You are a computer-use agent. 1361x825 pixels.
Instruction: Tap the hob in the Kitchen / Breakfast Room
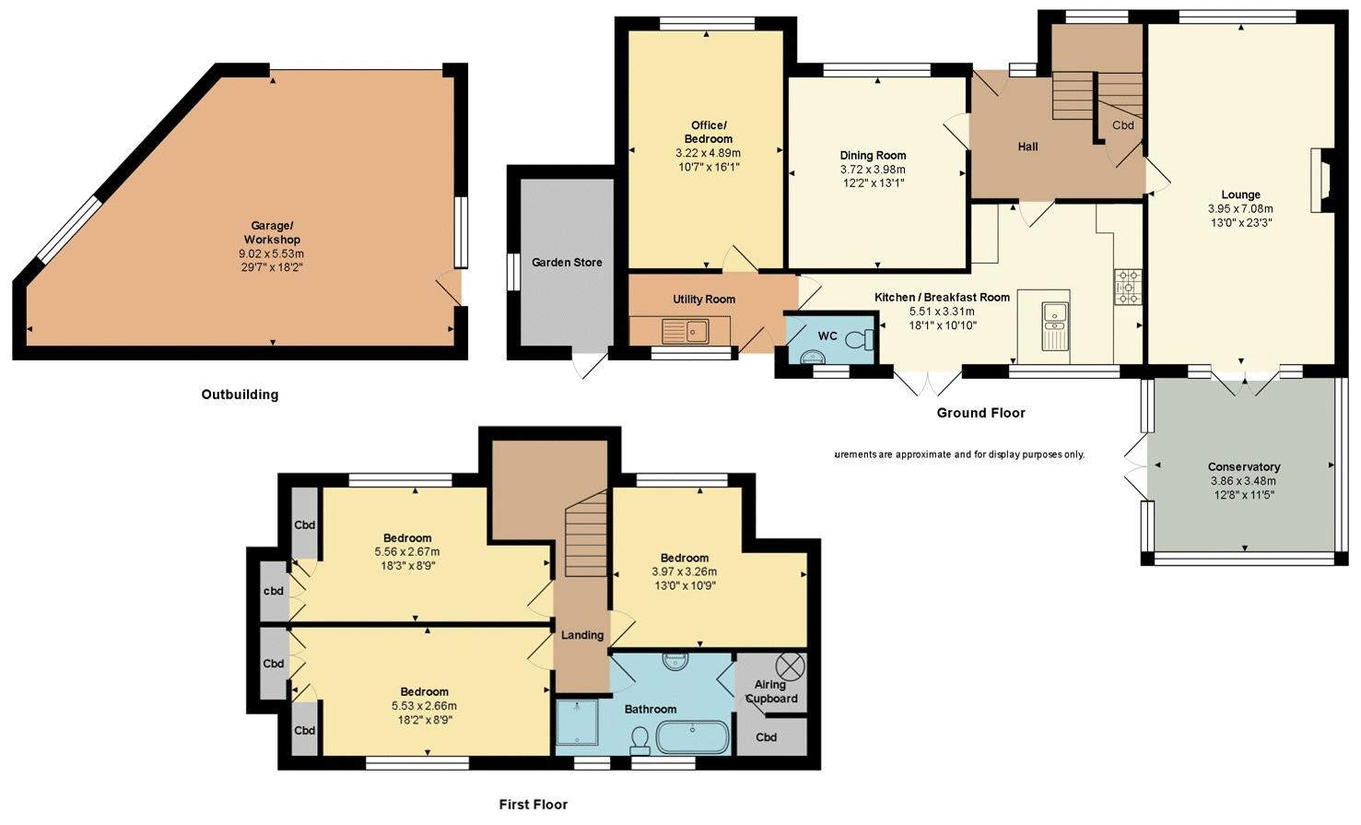pos(1128,287)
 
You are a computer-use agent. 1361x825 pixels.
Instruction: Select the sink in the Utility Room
pos(686,331)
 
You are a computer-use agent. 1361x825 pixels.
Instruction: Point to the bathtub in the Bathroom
pos(693,737)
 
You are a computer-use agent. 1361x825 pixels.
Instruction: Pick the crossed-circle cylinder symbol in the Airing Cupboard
pos(792,666)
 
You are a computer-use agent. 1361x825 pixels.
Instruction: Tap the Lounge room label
pos(1240,194)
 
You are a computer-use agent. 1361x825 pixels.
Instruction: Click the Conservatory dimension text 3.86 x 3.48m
pos(1243,481)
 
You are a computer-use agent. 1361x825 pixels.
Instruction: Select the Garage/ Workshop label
pos(272,232)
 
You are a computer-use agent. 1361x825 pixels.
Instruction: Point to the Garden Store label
pos(567,263)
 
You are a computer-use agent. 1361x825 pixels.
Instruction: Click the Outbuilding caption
pos(240,395)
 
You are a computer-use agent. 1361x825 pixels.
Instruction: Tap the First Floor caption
pos(534,805)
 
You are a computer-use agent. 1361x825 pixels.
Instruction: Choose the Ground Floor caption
pos(980,413)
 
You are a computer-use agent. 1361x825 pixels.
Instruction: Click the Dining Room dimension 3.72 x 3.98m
pos(874,170)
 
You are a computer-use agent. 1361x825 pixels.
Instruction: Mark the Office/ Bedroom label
pos(709,132)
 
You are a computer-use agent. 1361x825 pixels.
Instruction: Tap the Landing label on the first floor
pos(582,635)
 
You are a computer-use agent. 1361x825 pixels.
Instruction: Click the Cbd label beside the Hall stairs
pos(1123,125)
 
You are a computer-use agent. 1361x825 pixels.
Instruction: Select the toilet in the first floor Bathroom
pos(639,739)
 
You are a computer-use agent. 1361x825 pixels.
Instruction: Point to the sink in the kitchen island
pos(1055,326)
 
